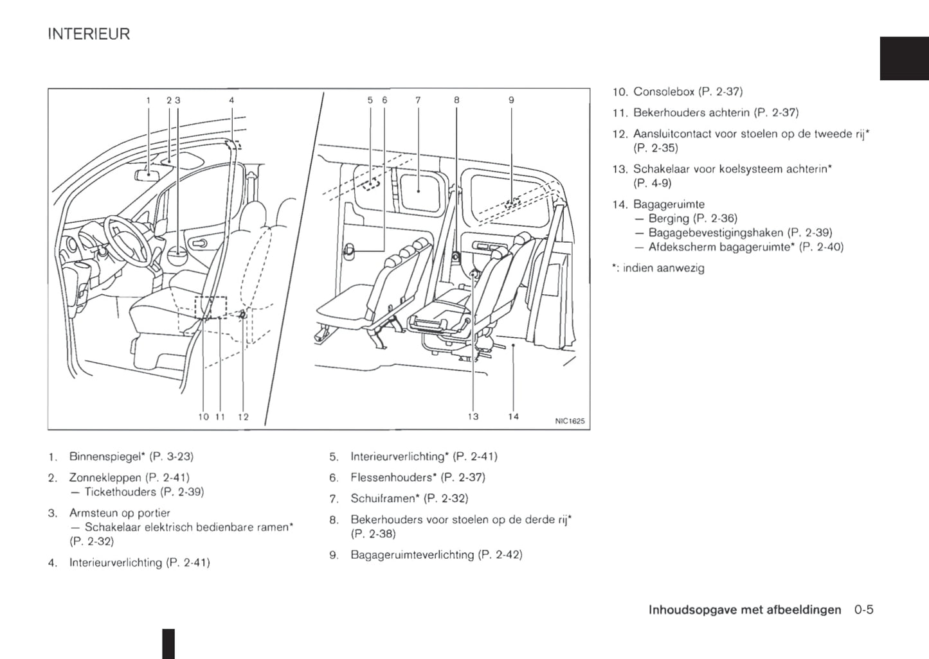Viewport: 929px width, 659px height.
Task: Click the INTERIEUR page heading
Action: (x=89, y=34)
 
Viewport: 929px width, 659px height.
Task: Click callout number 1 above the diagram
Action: (x=149, y=100)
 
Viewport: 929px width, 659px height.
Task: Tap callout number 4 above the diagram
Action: (x=231, y=100)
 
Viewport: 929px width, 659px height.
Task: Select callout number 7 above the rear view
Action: (x=418, y=100)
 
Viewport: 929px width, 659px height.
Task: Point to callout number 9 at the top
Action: (x=511, y=100)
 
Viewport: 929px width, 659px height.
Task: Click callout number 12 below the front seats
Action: (x=243, y=417)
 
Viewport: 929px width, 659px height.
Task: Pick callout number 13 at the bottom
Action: (x=473, y=417)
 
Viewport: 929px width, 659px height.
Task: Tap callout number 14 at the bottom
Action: (x=514, y=417)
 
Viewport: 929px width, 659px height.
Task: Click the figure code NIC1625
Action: (x=570, y=421)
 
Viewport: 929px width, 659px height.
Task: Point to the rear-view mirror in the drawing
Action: (x=147, y=174)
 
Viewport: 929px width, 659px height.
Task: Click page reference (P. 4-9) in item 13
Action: (x=652, y=184)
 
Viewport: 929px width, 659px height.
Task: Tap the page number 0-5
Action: (x=863, y=610)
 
